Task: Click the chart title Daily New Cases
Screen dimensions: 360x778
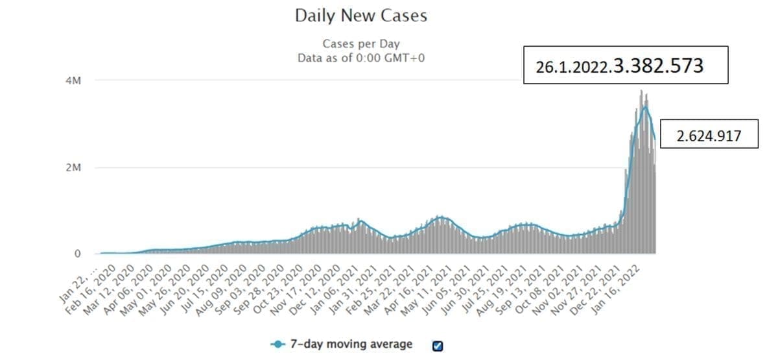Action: coord(361,16)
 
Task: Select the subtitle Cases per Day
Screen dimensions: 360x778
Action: coord(361,44)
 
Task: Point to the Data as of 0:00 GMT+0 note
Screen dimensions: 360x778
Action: coord(361,58)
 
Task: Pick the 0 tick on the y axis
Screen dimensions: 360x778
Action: coord(77,254)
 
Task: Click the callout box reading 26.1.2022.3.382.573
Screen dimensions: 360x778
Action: coord(626,65)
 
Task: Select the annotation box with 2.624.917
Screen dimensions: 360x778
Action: coord(709,136)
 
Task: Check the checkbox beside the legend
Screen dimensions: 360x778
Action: coord(437,345)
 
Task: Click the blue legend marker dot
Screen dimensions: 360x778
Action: coord(279,344)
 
